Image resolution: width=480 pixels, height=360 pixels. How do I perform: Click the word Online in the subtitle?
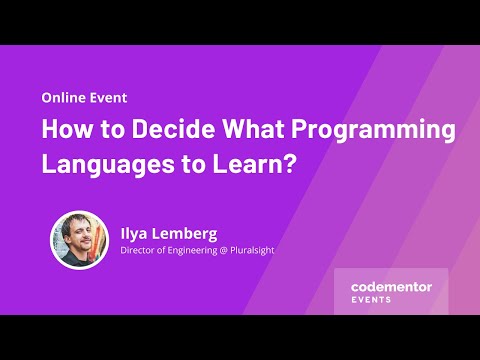pyautogui.click(x=62, y=98)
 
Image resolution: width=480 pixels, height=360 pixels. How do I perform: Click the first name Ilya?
pyautogui.click(x=137, y=232)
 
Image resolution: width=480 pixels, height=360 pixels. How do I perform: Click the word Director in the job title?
pyautogui.click(x=140, y=250)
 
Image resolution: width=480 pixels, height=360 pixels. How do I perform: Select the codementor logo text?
pyautogui.click(x=391, y=287)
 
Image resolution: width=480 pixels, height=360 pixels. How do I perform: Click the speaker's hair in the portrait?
pyautogui.click(x=77, y=223)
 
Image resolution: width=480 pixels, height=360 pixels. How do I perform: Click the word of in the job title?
pyautogui.click(x=168, y=250)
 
